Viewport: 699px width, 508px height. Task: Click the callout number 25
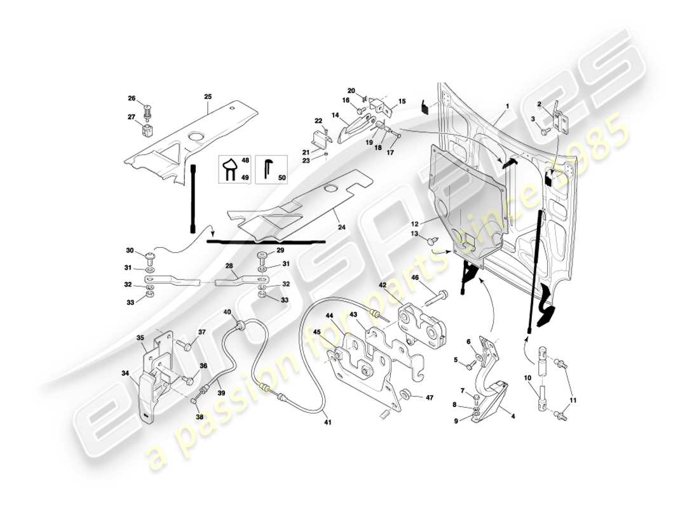pos(208,97)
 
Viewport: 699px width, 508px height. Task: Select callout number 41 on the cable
pos(327,420)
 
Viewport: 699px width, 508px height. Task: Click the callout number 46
pos(414,278)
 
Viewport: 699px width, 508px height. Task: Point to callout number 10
pos(527,378)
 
